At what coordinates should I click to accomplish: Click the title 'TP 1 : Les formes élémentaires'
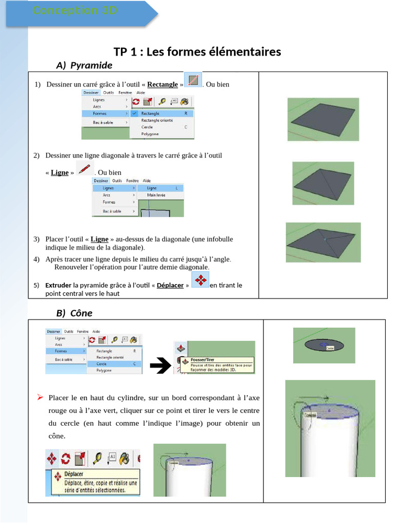[x=197, y=51]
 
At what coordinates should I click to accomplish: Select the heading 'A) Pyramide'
[x=84, y=65]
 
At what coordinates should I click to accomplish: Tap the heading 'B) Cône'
[x=74, y=313]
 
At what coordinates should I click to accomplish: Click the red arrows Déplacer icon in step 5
[x=200, y=281]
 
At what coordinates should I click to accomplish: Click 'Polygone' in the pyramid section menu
[x=150, y=134]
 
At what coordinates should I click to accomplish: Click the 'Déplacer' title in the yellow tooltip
[x=74, y=474]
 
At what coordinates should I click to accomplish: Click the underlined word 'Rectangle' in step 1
[x=163, y=84]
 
